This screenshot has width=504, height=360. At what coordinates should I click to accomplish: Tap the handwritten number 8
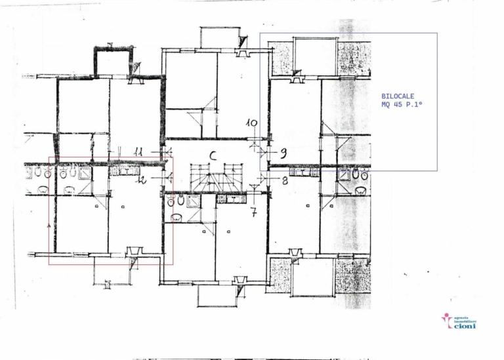coord(285,180)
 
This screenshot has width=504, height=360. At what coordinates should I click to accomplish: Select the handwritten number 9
coord(283,153)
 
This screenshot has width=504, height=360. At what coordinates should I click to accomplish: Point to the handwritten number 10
coord(252,123)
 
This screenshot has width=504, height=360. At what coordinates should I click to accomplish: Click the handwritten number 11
coord(138,151)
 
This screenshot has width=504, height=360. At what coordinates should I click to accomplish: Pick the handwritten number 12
coord(140,180)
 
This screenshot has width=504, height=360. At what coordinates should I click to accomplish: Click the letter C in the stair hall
coord(213,155)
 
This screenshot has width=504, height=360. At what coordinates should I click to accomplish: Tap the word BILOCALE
coord(398,95)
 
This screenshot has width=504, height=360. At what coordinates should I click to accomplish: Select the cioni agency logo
coord(459,321)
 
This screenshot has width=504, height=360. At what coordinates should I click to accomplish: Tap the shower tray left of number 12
coord(85,173)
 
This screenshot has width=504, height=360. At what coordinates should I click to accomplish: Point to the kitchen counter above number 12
coord(124,170)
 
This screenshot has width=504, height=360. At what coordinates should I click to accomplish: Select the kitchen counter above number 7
coord(231,199)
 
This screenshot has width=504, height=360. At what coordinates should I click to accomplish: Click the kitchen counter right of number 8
coord(304,172)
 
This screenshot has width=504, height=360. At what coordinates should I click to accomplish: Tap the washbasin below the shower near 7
coord(176,217)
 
